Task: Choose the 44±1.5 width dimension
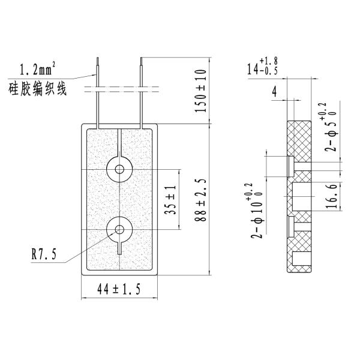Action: click(x=119, y=290)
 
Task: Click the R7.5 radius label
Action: click(x=44, y=254)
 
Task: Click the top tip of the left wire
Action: click(x=97, y=59)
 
